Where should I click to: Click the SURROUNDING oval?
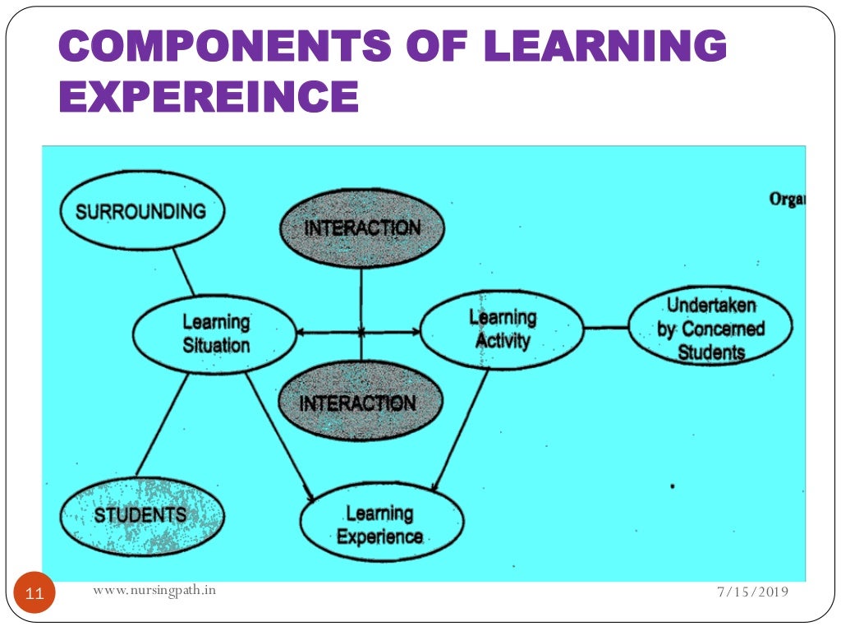141,211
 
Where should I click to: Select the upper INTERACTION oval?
362,228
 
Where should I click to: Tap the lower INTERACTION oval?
358,402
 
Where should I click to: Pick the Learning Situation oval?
215,334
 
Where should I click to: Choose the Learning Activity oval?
502,329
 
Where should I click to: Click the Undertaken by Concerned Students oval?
710,329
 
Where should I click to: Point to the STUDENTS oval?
141,515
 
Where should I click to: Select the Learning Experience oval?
380,525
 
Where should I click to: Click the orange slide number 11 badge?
34,592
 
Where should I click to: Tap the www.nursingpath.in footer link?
155,589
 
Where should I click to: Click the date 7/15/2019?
752,592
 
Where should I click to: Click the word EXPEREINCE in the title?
209,96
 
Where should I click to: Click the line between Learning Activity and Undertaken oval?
606,328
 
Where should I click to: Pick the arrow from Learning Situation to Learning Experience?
279,435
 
